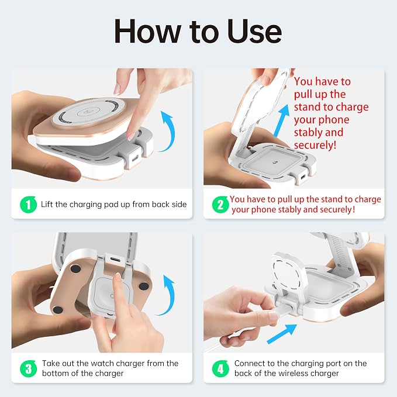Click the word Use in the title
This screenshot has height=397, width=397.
[x=254, y=32]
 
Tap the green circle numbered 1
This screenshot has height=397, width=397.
[x=28, y=204]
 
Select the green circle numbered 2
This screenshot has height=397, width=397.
[x=220, y=204]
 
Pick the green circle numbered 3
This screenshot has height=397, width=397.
[x=28, y=368]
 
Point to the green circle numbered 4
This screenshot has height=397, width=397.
[x=220, y=368]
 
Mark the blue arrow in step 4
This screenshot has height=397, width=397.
[x=282, y=334]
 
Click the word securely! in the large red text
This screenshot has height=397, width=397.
[x=315, y=145]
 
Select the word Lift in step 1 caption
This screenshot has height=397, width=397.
[x=47, y=204]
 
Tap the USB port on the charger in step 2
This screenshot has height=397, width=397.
[x=303, y=177]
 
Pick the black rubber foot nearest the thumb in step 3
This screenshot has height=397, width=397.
[x=58, y=309]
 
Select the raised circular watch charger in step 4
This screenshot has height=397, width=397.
[x=289, y=275]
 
